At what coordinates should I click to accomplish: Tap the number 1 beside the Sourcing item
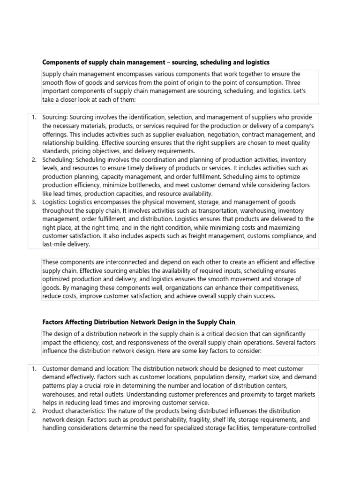click(x=34, y=117)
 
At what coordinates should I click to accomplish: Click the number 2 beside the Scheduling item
click(x=34, y=160)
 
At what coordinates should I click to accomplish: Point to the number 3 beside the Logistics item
click(x=34, y=202)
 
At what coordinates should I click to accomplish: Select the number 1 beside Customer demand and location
click(x=34, y=369)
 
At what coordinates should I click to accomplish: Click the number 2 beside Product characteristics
click(x=34, y=411)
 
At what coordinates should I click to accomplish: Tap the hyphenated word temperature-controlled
click(x=284, y=428)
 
